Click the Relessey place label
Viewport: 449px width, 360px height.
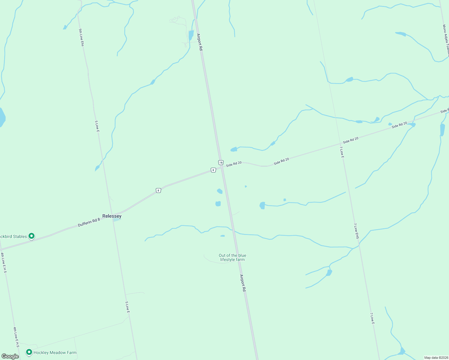click(112, 216)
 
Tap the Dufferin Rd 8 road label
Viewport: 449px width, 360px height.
click(89, 222)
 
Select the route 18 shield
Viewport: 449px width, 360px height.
click(221, 163)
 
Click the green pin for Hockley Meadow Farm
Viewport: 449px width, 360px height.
click(29, 352)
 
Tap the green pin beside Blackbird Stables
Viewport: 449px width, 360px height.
click(32, 236)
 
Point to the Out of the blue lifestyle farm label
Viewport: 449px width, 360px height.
click(232, 258)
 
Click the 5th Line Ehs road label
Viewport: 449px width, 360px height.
click(81, 37)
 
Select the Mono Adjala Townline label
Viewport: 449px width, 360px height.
click(446, 40)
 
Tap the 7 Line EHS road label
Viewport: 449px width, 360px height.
click(356, 231)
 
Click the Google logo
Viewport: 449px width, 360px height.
click(10, 356)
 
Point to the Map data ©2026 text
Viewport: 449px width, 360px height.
click(436, 358)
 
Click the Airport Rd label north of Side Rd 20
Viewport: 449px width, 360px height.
click(200, 42)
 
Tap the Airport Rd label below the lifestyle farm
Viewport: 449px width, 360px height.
click(243, 283)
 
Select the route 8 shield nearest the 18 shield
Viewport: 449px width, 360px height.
click(213, 170)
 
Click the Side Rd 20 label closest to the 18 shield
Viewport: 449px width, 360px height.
click(234, 164)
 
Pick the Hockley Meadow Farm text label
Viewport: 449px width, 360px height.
click(55, 353)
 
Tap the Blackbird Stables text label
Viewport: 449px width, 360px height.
click(13, 236)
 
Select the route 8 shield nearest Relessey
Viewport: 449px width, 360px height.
click(158, 190)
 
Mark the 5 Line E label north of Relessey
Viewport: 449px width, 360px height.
click(97, 126)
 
